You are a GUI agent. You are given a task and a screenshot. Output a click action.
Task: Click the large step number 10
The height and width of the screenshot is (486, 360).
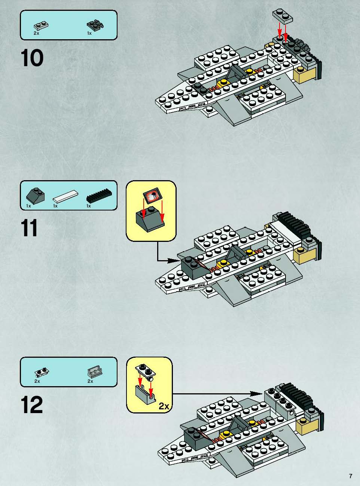pos(32,58)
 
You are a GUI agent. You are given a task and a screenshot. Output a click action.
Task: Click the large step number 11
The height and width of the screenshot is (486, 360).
pos(29,228)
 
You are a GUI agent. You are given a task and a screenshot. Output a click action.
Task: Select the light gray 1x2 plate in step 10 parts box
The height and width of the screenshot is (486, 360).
pos(41,26)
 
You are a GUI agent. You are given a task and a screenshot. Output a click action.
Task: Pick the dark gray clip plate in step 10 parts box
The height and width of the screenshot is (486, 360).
pos(95,25)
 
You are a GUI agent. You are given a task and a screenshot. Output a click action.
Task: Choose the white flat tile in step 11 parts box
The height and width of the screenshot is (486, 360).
pos(65,196)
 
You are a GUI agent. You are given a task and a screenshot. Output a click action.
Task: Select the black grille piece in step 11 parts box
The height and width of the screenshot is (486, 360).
pos(99,196)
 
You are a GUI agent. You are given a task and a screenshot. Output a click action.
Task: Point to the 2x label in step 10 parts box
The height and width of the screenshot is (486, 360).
pos(36,33)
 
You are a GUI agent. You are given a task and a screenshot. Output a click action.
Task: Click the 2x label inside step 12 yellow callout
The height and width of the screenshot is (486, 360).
pos(164,406)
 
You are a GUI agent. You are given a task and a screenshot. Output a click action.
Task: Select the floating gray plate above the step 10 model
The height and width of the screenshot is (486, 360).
pos(283,16)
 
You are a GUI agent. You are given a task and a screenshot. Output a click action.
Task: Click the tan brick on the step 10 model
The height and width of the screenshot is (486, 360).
pos(306,74)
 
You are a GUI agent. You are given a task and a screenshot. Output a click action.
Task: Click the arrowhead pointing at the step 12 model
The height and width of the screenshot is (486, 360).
pos(256,394)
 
